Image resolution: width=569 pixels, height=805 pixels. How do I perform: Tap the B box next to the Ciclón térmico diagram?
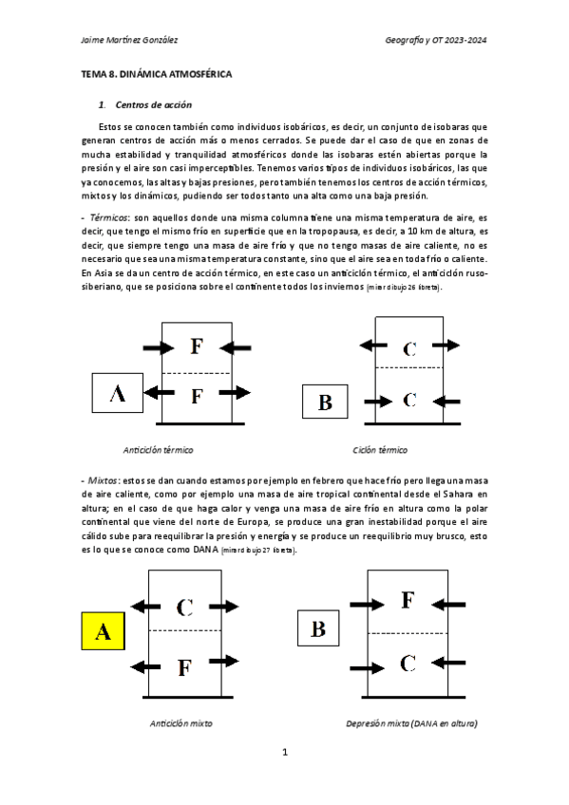pos(325,402)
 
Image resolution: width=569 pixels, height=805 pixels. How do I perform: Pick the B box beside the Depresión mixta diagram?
pos(318,628)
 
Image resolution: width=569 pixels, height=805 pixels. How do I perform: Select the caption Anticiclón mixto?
pos(180,723)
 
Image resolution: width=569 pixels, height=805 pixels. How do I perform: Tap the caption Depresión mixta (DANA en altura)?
pos(411,723)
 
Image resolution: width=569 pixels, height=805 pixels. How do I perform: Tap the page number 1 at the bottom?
pos(284,753)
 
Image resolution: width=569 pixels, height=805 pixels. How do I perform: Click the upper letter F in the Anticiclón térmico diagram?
pos(196,346)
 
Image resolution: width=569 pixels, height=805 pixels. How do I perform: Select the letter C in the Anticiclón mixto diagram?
pos(185,606)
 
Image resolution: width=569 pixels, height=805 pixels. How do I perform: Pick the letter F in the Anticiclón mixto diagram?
pos(185,666)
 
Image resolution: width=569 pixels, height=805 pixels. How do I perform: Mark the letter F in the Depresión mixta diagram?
pos(408,600)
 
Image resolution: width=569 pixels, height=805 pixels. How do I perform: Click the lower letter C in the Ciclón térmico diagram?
pos(409,400)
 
